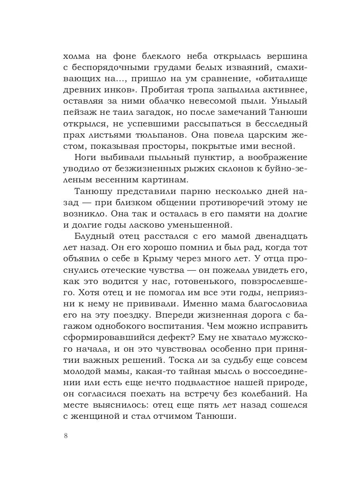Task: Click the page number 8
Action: (66, 436)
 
